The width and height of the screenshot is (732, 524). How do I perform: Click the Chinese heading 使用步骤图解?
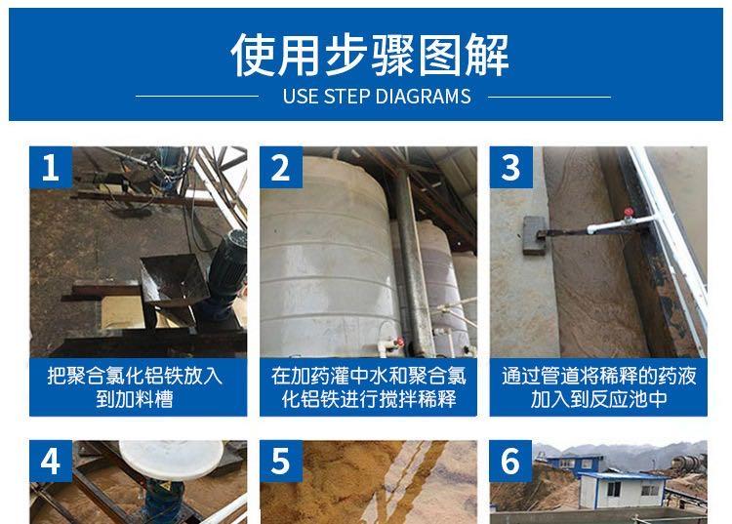370,55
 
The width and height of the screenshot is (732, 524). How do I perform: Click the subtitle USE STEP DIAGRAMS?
377,97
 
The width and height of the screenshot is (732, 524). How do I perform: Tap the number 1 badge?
51,168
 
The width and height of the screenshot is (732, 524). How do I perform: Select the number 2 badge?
281,168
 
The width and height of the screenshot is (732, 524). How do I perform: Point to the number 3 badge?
511,168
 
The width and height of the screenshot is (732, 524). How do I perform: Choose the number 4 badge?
51,461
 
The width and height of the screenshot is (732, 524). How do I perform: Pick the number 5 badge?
281,461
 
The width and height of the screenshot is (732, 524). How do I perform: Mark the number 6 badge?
510,461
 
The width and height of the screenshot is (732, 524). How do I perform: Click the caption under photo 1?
135,387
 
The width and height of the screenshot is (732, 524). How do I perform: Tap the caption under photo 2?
368,387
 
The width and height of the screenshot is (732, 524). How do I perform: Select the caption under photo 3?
599,387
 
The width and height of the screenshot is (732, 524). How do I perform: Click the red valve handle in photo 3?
629,213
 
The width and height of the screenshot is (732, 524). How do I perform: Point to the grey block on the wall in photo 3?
535,235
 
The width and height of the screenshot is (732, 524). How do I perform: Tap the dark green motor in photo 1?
226,270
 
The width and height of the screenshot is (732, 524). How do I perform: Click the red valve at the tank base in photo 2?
399,343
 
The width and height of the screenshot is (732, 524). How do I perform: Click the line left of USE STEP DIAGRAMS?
197,97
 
